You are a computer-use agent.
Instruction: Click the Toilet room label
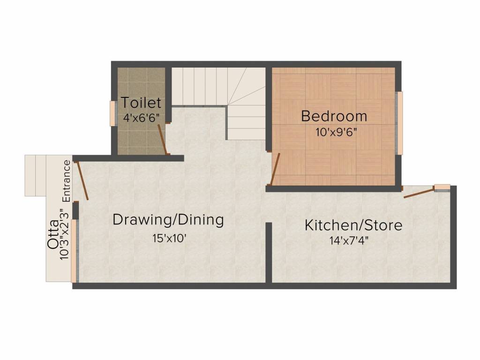(x=141, y=102)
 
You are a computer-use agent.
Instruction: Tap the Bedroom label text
(x=334, y=115)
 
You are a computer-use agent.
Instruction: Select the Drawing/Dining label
(x=168, y=219)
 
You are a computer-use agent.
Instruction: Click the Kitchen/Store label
(x=353, y=225)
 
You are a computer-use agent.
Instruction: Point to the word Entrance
(x=67, y=181)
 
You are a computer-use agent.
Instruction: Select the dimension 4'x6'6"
(x=142, y=118)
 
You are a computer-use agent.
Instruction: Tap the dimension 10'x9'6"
(x=337, y=132)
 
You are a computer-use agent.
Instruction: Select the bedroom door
(x=276, y=169)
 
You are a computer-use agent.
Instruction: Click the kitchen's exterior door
(x=418, y=192)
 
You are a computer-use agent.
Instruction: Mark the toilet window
(x=112, y=113)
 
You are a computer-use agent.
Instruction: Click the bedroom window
(x=399, y=123)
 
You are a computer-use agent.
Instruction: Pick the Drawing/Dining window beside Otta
(x=74, y=252)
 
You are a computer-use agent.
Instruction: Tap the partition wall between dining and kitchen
(x=269, y=252)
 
